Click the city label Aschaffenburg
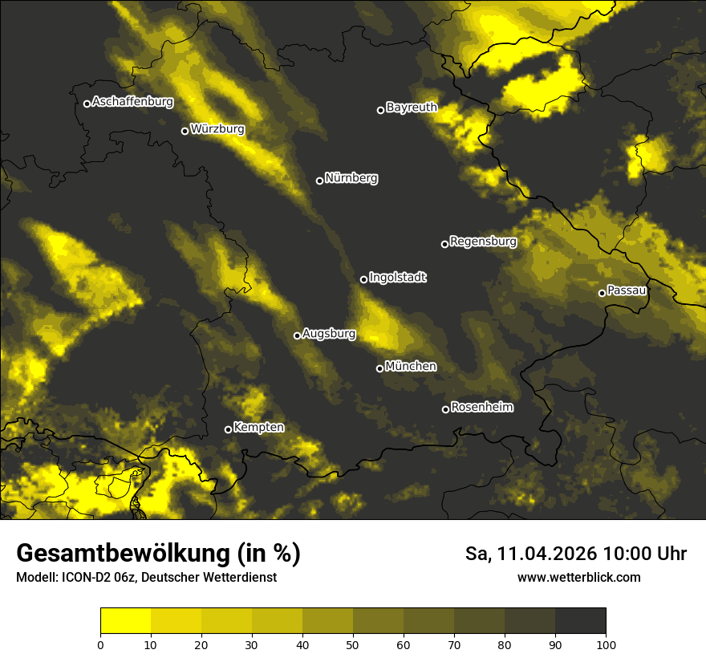pos(132,102)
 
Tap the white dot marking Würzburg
pos(185,131)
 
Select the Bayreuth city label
pos(412,108)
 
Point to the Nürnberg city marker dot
pos(319,181)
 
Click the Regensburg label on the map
pos(483,242)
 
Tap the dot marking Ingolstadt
pos(363,279)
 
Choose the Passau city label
pos(627,290)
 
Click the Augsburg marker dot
pos(297,335)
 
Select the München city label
pos(411,367)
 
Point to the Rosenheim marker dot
pos(445,409)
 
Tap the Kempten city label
pos(258,428)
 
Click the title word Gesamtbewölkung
pos(120,554)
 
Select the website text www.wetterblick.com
pos(579,578)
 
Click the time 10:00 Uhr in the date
pos(645,554)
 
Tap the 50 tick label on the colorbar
pos(353,644)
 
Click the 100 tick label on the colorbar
pos(606,644)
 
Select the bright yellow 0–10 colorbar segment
pos(126,620)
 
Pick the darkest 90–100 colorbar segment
pos(580,620)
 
